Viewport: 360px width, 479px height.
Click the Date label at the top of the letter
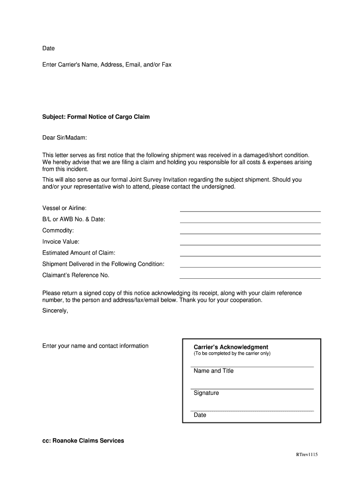click(x=49, y=48)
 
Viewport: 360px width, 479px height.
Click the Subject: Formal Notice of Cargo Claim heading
click(x=96, y=117)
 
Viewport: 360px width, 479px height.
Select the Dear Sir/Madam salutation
click(x=65, y=138)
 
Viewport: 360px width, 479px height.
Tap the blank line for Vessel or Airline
click(x=250, y=209)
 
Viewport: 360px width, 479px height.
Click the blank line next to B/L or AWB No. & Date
click(x=250, y=220)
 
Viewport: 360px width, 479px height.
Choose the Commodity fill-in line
click(x=250, y=232)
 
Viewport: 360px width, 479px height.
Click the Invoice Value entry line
click(x=250, y=243)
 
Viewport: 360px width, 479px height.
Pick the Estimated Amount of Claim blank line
click(x=250, y=254)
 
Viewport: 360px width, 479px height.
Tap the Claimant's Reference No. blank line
click(x=250, y=276)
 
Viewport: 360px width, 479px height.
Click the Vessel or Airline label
click(x=65, y=208)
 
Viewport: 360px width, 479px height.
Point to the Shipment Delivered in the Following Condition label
click(x=103, y=264)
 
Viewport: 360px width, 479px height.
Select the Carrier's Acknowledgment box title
click(x=231, y=347)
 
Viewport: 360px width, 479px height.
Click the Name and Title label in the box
click(x=214, y=371)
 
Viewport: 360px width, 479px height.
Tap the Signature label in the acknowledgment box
click(x=206, y=393)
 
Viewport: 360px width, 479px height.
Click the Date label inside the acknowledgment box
click(x=200, y=415)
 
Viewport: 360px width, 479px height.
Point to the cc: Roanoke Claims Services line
click(x=83, y=441)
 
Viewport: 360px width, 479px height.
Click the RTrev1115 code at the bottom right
click(x=306, y=455)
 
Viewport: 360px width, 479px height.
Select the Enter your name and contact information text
click(x=95, y=346)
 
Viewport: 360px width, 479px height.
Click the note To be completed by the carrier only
click(x=232, y=354)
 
